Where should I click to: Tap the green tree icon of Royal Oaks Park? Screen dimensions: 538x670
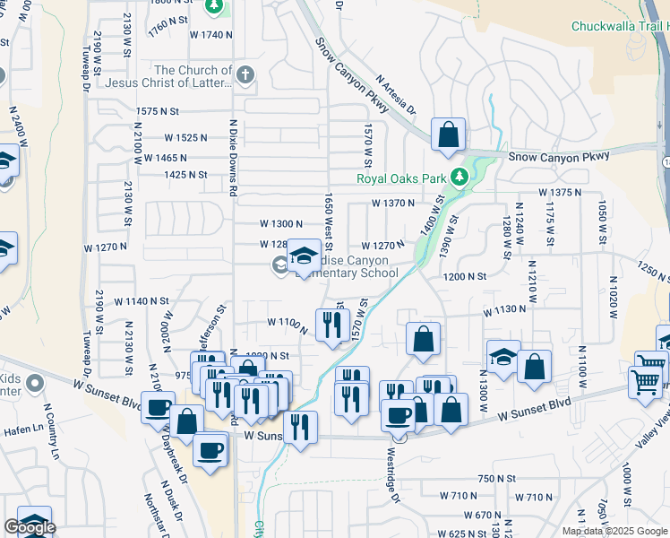(460, 176)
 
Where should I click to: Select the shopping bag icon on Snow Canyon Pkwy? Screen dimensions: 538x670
(448, 135)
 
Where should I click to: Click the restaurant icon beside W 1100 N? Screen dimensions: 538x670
(332, 325)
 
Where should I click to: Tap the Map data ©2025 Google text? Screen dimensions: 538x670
(614, 531)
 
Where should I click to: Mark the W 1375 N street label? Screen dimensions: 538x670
(561, 193)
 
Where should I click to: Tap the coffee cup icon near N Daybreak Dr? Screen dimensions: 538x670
(210, 450)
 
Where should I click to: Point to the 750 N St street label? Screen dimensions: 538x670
(499, 479)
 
